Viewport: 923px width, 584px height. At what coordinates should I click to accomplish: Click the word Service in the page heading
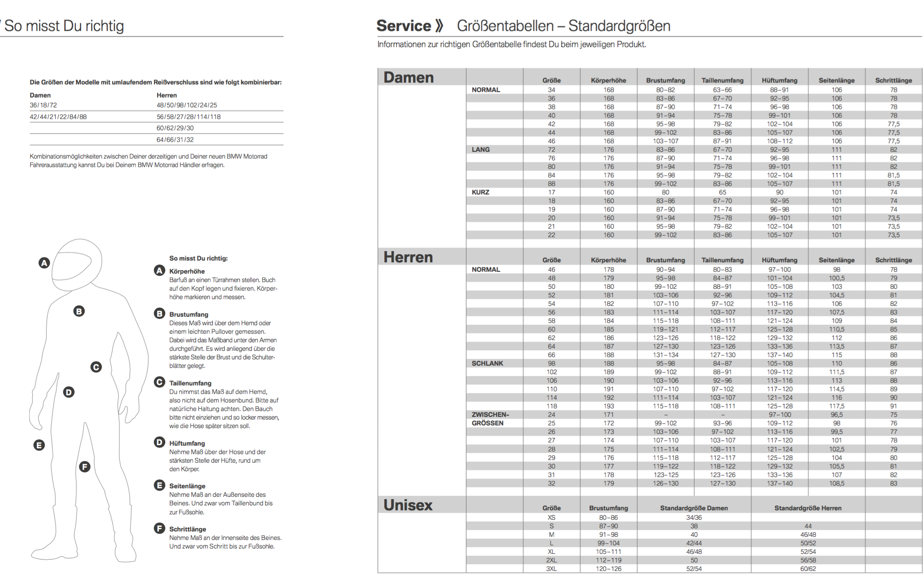[403, 26]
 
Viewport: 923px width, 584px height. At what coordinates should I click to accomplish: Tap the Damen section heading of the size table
[409, 77]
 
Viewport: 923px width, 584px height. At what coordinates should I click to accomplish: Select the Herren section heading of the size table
[408, 257]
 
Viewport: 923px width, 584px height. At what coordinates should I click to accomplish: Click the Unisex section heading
[408, 505]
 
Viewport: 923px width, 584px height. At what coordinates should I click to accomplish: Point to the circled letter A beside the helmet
[44, 263]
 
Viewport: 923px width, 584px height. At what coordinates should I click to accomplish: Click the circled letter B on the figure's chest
[79, 311]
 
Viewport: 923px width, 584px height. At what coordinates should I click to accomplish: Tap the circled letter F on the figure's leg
[84, 467]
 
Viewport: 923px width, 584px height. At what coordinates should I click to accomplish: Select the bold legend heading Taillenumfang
[190, 383]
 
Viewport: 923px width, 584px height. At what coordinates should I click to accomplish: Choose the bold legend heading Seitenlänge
[187, 486]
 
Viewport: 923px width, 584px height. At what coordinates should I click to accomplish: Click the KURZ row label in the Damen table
[480, 192]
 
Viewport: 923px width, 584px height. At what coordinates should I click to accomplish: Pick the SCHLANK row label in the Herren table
[487, 363]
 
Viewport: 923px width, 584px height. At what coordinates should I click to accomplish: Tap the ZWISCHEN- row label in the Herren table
[490, 415]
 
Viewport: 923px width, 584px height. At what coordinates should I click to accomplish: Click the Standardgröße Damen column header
[694, 508]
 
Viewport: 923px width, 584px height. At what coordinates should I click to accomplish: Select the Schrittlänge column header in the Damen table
[893, 80]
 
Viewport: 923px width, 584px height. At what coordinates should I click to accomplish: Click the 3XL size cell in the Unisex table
[551, 569]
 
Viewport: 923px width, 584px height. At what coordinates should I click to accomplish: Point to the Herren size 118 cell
[551, 406]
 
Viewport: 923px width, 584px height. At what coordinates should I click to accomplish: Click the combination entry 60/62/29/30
[175, 128]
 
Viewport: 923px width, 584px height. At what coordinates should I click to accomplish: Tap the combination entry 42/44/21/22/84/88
[58, 117]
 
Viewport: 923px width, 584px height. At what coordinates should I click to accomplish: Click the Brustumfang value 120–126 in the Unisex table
[608, 569]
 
